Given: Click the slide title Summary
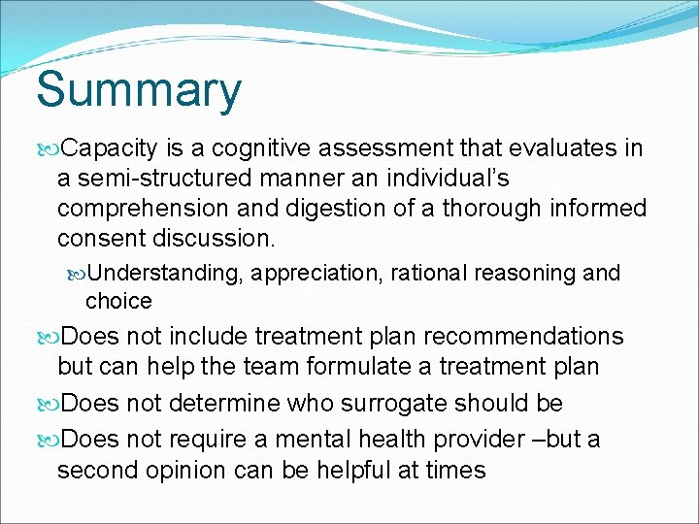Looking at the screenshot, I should [x=139, y=90].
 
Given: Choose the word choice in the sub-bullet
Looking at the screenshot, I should [x=118, y=301].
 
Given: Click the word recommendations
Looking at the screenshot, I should [x=524, y=337].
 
